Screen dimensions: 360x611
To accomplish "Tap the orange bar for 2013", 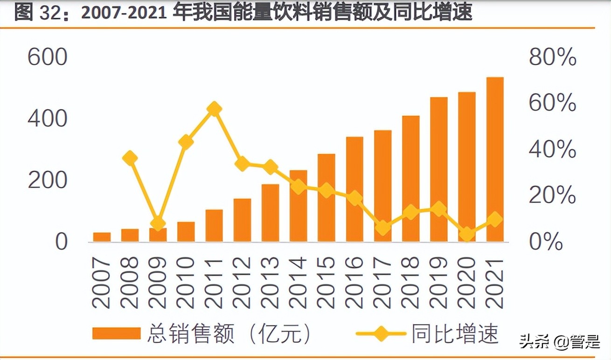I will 270,213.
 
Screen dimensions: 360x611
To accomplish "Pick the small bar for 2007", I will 102,237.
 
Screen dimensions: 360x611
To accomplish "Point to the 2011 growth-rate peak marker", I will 214,109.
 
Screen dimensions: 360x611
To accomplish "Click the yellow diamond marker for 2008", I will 130,158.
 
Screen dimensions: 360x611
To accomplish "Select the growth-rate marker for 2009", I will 158,222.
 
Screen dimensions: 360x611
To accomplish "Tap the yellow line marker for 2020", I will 466,234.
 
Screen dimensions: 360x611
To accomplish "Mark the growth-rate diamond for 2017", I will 382,228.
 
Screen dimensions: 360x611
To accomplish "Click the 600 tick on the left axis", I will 48,58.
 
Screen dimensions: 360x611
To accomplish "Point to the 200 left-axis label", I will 48,180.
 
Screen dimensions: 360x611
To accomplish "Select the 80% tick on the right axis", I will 553,58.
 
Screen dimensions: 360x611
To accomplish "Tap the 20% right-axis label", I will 553,196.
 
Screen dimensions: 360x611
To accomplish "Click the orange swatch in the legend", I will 117,333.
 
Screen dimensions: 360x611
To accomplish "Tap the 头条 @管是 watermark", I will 560,343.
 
